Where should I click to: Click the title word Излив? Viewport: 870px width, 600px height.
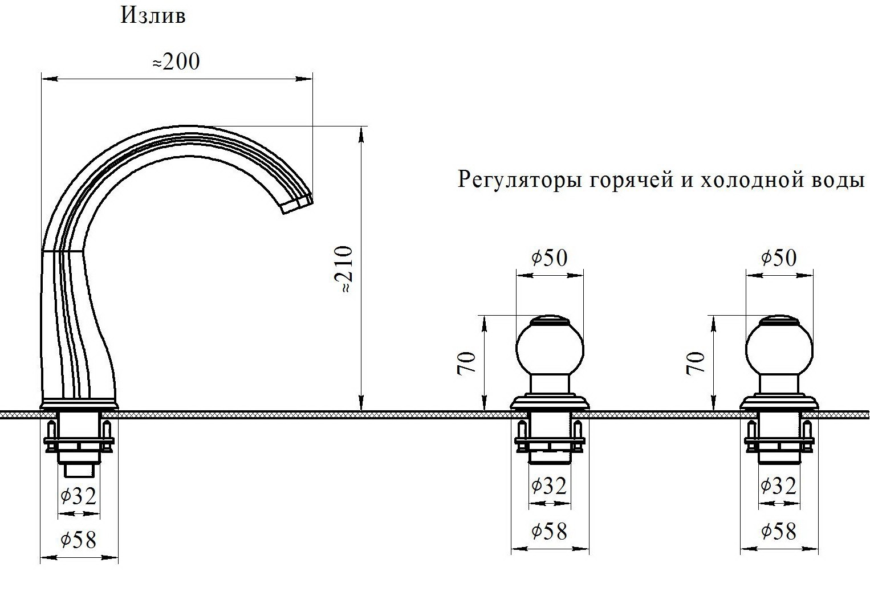(x=153, y=15)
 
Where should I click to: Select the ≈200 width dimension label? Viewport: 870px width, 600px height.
(x=176, y=62)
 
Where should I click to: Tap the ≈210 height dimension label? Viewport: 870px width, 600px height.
(x=344, y=270)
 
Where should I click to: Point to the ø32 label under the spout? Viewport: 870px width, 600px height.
(x=79, y=496)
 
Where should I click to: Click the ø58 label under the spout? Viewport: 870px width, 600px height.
(x=79, y=539)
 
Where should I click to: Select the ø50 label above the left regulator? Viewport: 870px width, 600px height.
(x=550, y=258)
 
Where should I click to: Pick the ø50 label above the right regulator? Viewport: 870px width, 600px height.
(x=779, y=258)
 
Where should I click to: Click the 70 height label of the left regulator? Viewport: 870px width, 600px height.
(x=467, y=363)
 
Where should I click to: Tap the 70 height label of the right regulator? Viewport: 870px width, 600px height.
(x=696, y=363)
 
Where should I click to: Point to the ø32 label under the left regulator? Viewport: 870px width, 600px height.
(x=549, y=486)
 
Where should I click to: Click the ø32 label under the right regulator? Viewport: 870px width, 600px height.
(x=779, y=486)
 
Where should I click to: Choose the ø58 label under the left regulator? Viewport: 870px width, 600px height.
(x=550, y=531)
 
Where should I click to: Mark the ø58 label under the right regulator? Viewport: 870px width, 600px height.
(x=779, y=531)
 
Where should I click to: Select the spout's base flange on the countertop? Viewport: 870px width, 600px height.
(x=79, y=403)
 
